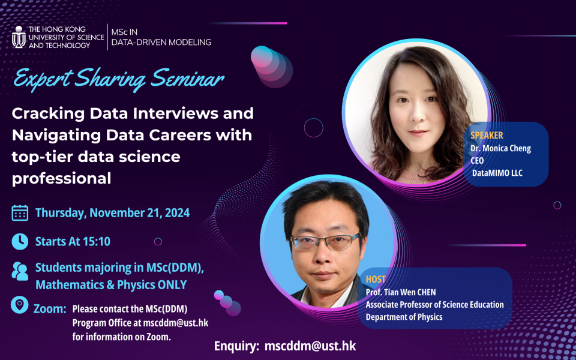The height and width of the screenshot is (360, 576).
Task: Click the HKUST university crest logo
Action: point(19,37)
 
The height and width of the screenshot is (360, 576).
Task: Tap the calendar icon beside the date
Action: point(20,213)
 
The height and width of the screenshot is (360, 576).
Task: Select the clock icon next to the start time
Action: point(20,241)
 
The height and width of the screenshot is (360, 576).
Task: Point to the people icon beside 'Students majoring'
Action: point(20,271)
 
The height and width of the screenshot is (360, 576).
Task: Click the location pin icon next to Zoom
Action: point(20,305)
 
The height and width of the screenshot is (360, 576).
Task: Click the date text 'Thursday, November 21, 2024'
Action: point(112,213)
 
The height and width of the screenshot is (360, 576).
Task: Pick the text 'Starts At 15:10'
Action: point(73,242)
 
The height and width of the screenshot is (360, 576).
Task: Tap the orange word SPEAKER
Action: point(487,136)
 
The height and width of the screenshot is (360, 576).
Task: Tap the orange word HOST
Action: point(376,280)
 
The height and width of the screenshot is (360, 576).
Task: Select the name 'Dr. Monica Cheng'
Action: point(501,148)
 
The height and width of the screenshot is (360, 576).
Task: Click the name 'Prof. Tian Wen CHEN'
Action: point(401,292)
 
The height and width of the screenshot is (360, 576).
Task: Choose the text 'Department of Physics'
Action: point(404,317)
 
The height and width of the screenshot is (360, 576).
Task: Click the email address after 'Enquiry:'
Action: point(310,347)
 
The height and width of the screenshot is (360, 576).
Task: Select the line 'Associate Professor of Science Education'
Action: point(434,305)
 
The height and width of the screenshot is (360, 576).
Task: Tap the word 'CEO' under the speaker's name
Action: point(477,160)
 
